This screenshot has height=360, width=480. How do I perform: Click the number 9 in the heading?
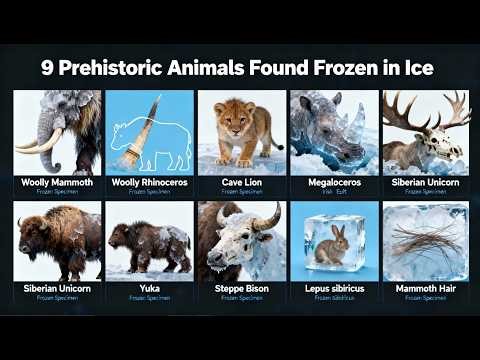coord(48,69)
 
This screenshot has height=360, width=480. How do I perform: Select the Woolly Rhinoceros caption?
coord(149,182)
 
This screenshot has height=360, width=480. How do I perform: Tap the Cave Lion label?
coord(241,182)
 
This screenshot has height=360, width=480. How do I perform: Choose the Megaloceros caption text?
coord(333,182)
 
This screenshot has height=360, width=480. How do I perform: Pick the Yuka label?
coord(149,290)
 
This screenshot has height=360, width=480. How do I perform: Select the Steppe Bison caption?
coord(241,290)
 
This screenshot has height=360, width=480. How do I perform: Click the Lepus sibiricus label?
coord(333,290)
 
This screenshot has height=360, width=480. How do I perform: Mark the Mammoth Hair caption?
coord(425,290)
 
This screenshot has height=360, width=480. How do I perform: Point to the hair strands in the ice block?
coord(425,241)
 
